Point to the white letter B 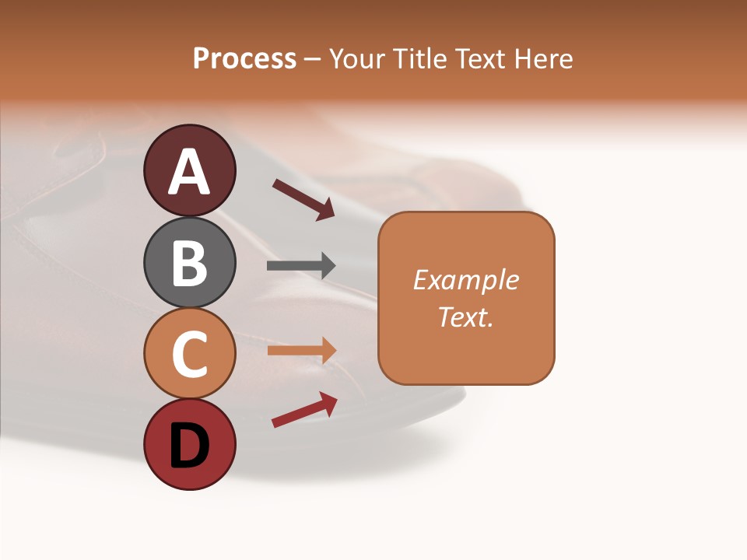(x=190, y=263)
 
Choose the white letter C (x=190, y=355)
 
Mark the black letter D (x=190, y=446)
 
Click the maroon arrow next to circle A (x=303, y=199)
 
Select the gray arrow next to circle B (x=301, y=266)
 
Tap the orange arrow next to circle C (x=301, y=351)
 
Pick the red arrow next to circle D (x=304, y=410)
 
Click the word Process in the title (x=244, y=59)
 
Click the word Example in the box (x=465, y=280)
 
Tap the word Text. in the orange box (x=465, y=317)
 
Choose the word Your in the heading (x=356, y=59)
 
